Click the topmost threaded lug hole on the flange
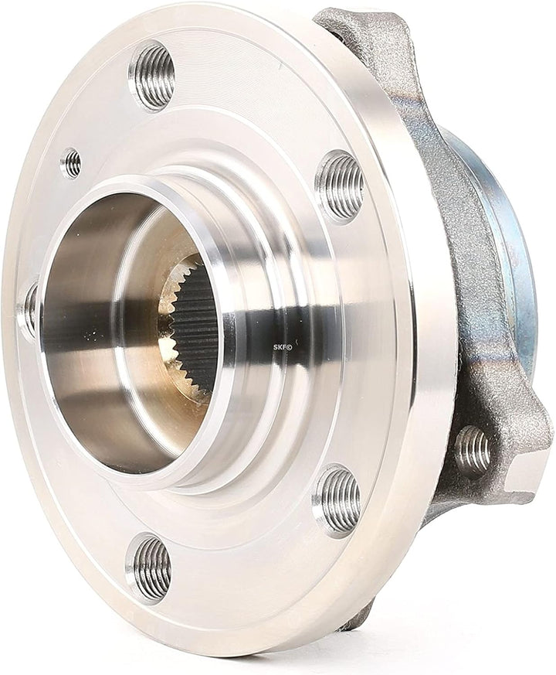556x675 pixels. (152, 74)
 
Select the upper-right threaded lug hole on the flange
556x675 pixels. (340, 185)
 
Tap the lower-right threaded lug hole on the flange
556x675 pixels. (337, 500)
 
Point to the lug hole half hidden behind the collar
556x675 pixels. (29, 309)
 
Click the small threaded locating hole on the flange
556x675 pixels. (71, 162)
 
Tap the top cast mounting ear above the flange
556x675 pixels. (363, 31)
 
